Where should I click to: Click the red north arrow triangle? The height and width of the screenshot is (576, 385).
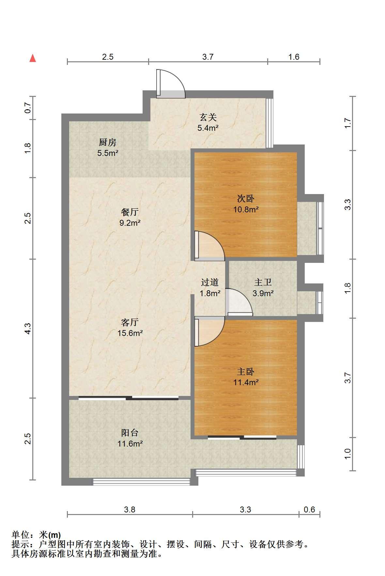click(x=33, y=58)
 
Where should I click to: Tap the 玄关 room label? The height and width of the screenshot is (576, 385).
click(x=208, y=117)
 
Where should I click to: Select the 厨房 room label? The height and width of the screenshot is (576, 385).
click(x=108, y=142)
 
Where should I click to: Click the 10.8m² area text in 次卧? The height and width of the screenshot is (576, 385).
click(x=246, y=209)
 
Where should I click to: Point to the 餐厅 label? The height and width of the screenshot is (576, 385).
click(x=130, y=212)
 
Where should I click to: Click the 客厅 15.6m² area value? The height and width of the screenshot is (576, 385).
click(x=130, y=333)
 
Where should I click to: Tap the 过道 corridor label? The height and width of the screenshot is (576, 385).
click(x=209, y=282)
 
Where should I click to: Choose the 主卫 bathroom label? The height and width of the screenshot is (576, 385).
click(x=263, y=282)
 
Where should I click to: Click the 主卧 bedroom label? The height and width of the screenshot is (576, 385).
click(x=246, y=371)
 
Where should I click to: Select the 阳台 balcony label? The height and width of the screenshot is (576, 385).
click(x=130, y=432)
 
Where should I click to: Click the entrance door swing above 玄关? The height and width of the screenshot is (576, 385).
click(x=170, y=84)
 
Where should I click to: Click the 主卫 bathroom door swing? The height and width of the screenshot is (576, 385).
click(x=239, y=302)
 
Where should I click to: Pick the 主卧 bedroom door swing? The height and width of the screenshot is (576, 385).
click(x=209, y=331)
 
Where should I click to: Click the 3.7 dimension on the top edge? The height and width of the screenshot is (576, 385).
click(x=208, y=57)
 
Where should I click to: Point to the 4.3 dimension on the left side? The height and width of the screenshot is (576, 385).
click(x=28, y=328)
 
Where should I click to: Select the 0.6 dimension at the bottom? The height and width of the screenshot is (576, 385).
click(x=309, y=509)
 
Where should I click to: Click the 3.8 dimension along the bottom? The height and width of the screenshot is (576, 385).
click(x=130, y=509)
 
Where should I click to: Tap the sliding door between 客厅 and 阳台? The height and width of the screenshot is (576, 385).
click(x=129, y=398)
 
